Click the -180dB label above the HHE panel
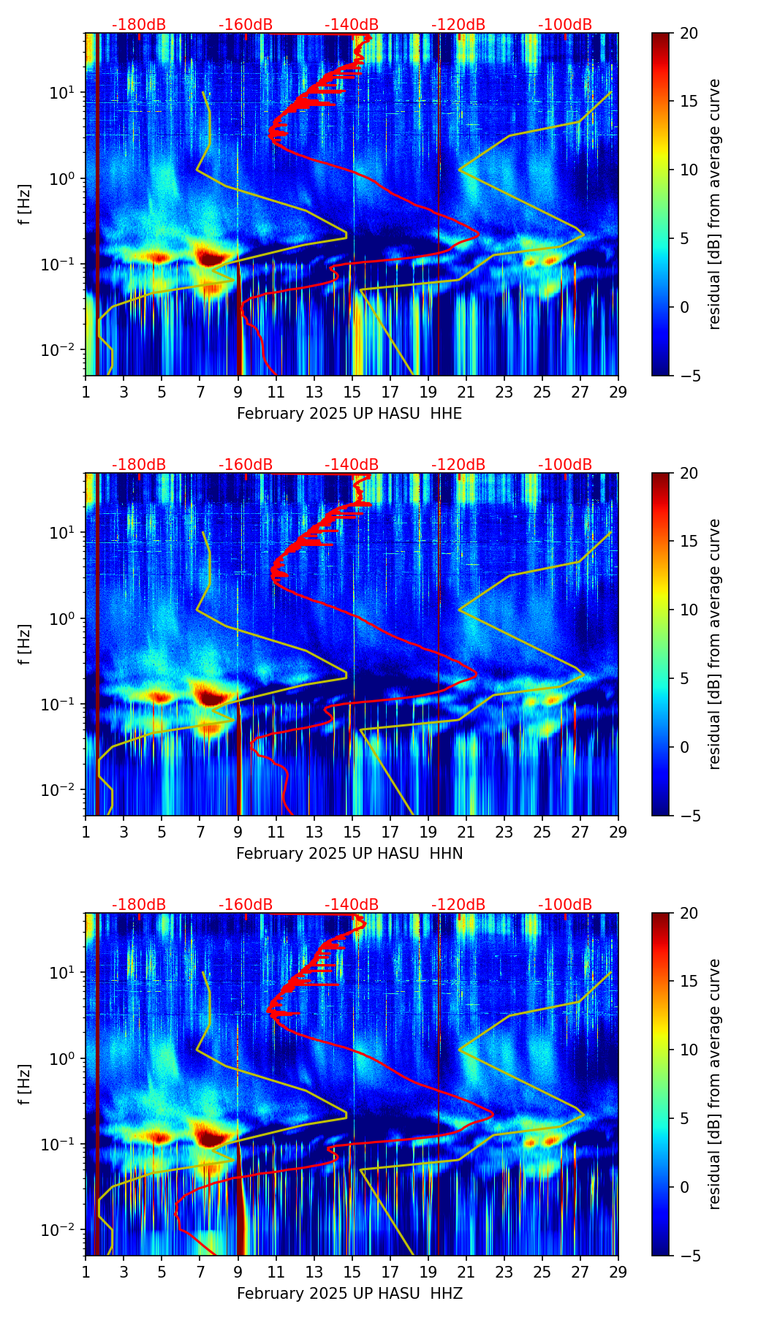139,25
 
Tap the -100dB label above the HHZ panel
565,905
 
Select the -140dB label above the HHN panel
352,465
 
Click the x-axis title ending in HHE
349,414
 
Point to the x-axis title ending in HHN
349,854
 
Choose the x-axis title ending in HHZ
349,1294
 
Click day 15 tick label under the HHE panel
352,392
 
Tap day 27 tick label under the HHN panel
580,832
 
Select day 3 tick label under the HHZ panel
124,1272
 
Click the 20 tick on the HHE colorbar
689,33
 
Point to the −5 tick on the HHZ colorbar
686,1256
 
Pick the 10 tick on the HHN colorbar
689,610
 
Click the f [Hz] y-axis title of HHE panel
25,204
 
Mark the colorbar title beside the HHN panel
715,644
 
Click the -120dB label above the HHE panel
458,25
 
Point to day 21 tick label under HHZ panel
466,1272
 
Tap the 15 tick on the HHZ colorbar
689,981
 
